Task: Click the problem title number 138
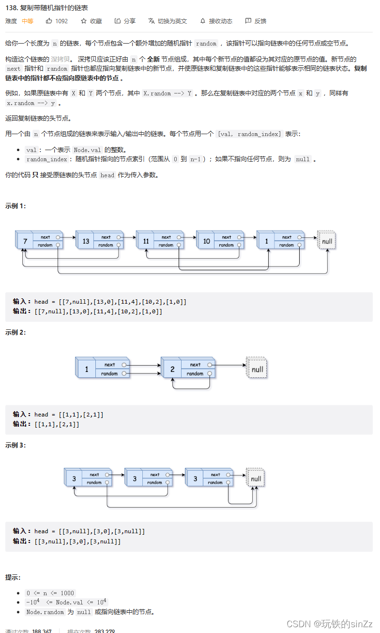click(x=11, y=8)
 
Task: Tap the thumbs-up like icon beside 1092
click(x=49, y=21)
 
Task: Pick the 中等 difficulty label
click(x=28, y=21)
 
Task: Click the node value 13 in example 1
click(x=86, y=241)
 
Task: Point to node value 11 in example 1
click(x=146, y=241)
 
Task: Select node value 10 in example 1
click(x=206, y=241)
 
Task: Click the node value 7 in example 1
click(x=25, y=241)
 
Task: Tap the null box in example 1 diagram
click(x=327, y=241)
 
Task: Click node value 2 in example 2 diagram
click(x=172, y=369)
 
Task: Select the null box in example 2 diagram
click(x=257, y=369)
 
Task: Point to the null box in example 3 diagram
click(x=256, y=479)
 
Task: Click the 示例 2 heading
click(x=15, y=332)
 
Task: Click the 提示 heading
click(x=13, y=577)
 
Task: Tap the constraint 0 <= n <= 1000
click(x=50, y=593)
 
